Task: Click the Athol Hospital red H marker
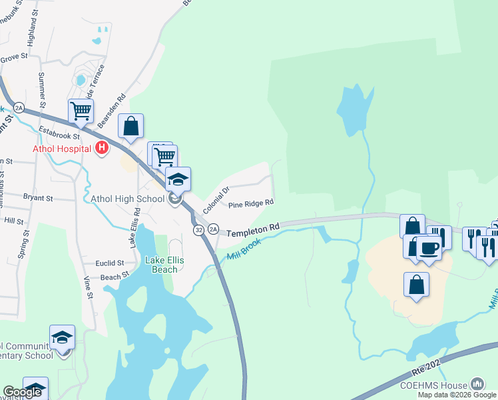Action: [101, 148]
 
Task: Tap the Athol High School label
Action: [127, 199]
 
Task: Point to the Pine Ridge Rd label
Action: [251, 204]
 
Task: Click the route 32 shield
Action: [198, 230]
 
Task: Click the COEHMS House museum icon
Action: [477, 384]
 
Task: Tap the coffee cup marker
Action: [429, 248]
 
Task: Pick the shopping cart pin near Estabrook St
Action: [81, 111]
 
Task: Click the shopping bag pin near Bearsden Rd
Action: [131, 125]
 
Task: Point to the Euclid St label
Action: [111, 263]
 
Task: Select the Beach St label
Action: [115, 277]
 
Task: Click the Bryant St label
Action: [38, 198]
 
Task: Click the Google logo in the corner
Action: [22, 392]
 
